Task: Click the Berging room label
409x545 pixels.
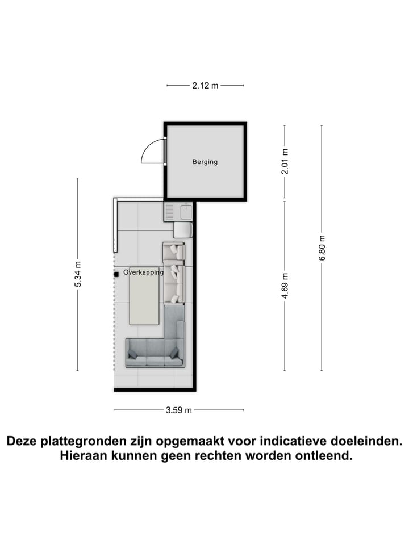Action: tap(204, 162)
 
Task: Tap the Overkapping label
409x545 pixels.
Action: tap(143, 272)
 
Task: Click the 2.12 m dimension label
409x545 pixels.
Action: tap(205, 86)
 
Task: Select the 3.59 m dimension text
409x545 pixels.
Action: tap(179, 410)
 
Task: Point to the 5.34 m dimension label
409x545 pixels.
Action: tap(78, 274)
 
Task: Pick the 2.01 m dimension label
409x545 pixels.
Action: tap(285, 161)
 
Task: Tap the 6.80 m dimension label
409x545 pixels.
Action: tap(322, 248)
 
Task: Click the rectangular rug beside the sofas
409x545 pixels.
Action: tap(144, 295)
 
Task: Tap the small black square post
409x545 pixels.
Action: tap(116, 273)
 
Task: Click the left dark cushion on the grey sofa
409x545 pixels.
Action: tap(133, 354)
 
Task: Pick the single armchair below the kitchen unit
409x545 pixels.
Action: tap(183, 229)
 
